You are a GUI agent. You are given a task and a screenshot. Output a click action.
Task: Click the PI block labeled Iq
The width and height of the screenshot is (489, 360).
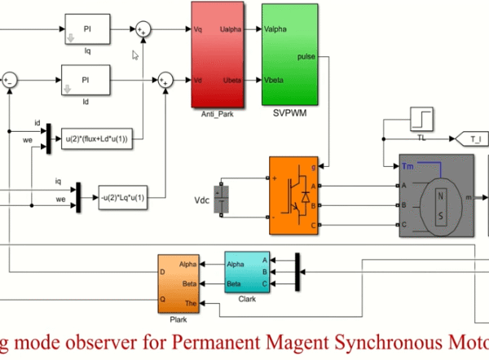[x=86, y=29]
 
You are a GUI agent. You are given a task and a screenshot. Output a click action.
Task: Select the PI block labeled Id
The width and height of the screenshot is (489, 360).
[x=86, y=80]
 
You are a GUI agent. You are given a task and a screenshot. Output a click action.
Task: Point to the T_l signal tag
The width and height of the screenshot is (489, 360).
[x=474, y=140]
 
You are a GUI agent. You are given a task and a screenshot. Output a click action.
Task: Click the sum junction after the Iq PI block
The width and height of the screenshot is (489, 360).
[x=144, y=29]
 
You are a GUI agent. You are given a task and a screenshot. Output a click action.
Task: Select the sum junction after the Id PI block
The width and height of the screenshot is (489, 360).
[x=167, y=80]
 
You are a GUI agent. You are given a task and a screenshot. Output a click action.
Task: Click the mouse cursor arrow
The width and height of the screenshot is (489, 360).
[x=137, y=55]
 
